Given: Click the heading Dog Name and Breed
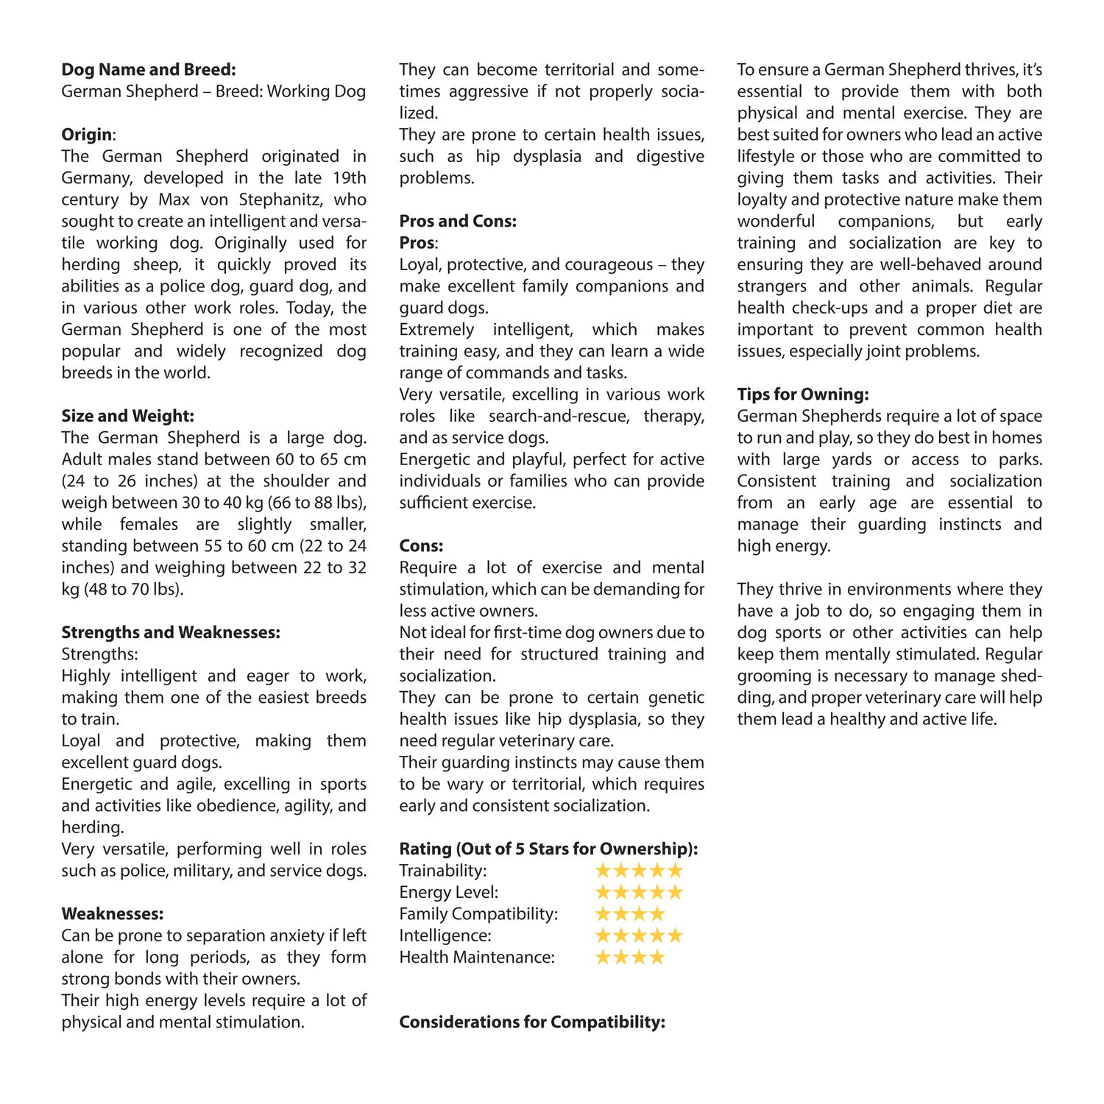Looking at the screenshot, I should [149, 70].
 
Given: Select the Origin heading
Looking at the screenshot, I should [88, 135].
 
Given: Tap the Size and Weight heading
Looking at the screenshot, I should [127, 416].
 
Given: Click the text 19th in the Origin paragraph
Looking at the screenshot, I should [347, 178].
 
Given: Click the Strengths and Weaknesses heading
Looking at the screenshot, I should [171, 632].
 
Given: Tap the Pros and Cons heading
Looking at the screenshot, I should [458, 222].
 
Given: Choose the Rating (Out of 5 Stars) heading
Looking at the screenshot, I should [548, 849].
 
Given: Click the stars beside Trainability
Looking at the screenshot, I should [639, 871].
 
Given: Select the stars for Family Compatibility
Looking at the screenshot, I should [630, 914].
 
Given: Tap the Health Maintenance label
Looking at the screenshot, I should [477, 958].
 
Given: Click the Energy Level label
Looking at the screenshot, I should [448, 892].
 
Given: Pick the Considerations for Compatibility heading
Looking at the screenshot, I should [532, 1022].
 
